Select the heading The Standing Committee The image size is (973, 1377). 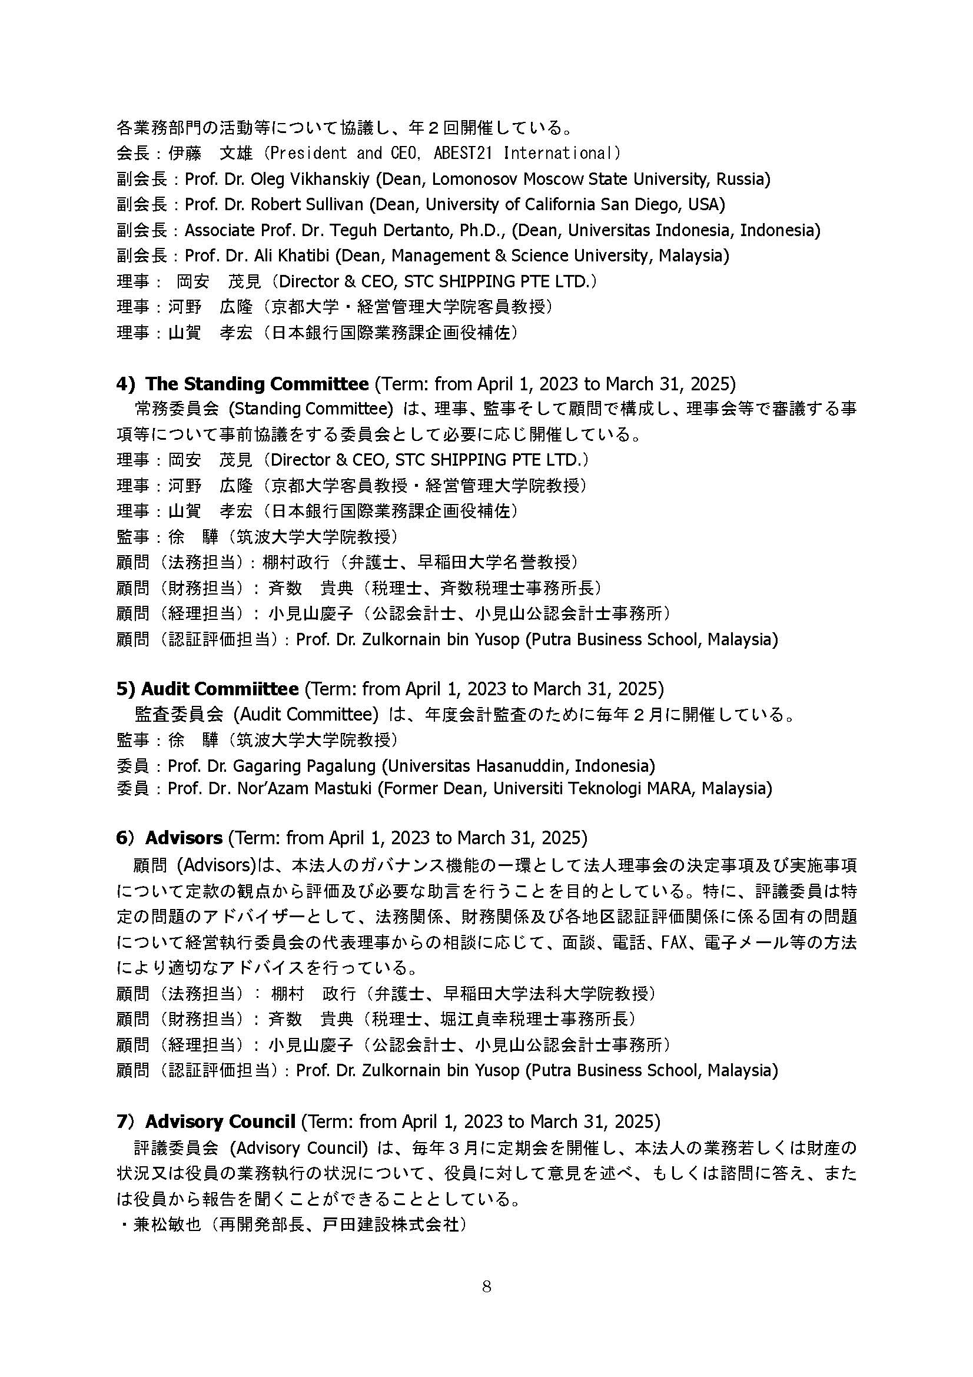coord(257,383)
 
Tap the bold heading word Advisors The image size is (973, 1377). coord(184,837)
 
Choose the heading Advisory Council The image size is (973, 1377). coord(220,1121)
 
